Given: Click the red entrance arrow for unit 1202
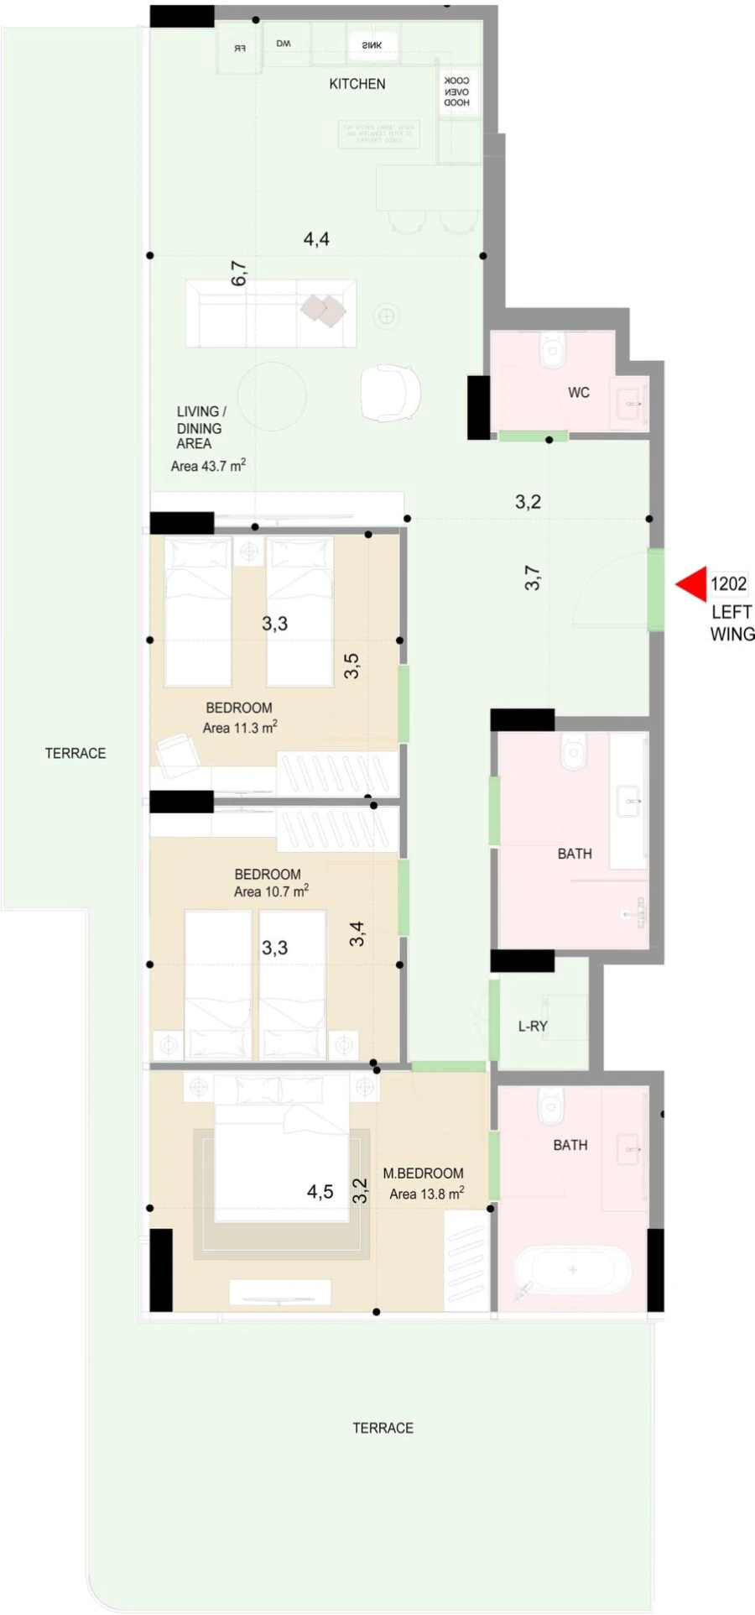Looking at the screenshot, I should (x=693, y=584).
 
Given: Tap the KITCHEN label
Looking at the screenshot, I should (x=357, y=84).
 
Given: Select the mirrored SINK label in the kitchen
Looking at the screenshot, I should (x=372, y=45).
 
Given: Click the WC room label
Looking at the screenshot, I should (x=579, y=392).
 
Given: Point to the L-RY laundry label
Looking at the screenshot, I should (x=533, y=1026).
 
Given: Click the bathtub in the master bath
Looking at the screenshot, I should (x=572, y=1270).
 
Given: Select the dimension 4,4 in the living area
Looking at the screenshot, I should (x=316, y=239).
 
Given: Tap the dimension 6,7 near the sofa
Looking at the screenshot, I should (x=239, y=274).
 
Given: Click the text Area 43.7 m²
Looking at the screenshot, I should (x=208, y=466).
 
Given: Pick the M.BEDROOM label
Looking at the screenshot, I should (x=423, y=1173).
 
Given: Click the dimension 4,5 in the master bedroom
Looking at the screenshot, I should (x=320, y=1192).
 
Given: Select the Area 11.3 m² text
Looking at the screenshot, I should (x=240, y=728).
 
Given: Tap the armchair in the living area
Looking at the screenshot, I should (x=390, y=392).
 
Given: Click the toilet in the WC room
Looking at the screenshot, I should (x=554, y=349).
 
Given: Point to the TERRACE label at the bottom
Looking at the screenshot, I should (x=383, y=1428).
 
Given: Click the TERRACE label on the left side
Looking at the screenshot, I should (x=75, y=753).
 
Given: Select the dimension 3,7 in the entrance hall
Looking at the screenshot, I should (x=533, y=578).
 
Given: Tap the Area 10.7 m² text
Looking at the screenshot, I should (x=271, y=891).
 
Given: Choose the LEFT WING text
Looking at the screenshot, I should (x=732, y=623).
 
